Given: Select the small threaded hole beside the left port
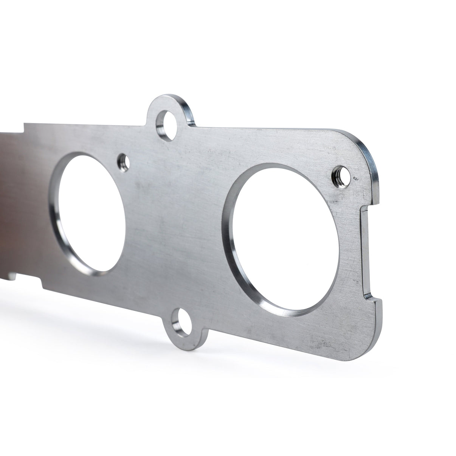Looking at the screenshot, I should coord(124,163).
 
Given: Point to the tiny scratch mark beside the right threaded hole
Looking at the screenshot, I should coord(355,177).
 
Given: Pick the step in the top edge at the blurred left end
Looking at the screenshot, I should coord(25,127).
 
